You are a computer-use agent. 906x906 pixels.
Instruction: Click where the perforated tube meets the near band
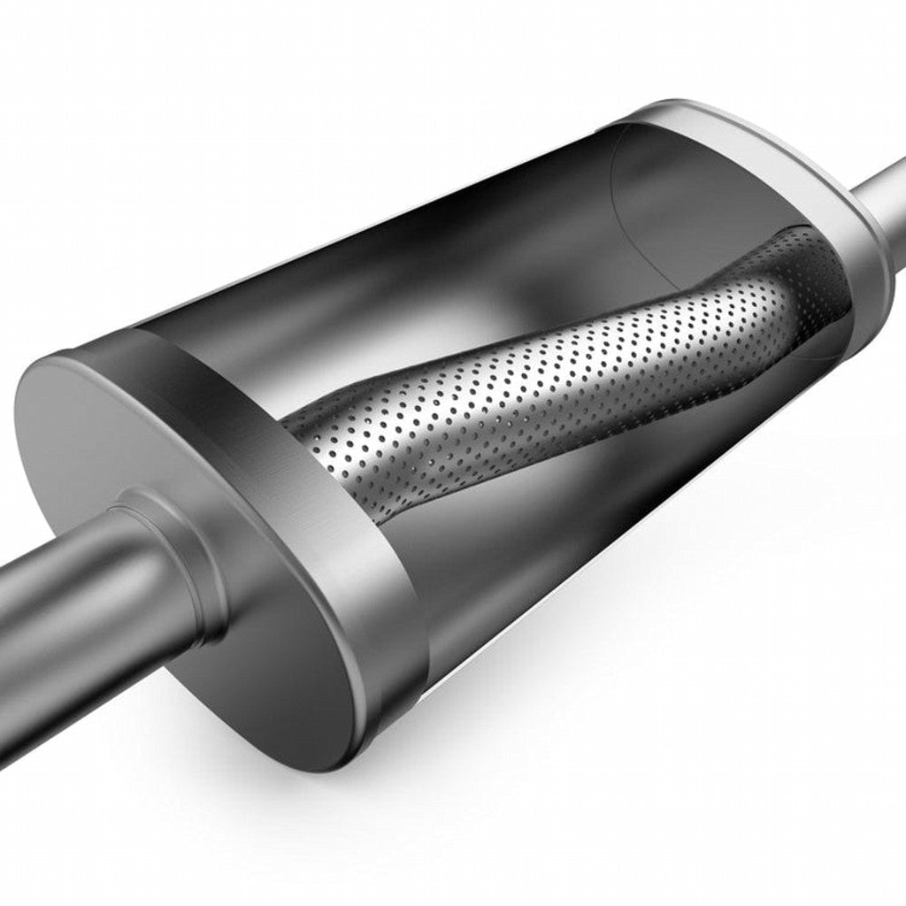tap(305, 434)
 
